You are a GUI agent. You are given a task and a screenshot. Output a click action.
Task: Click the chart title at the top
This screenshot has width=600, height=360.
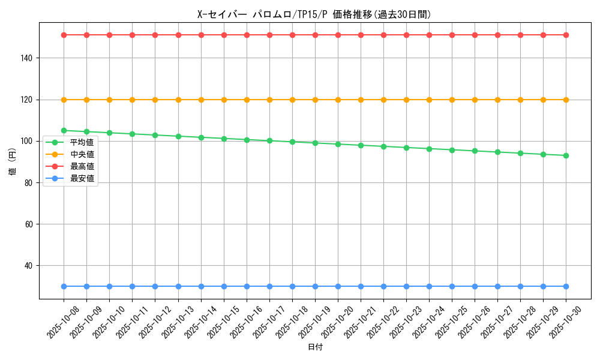(x=314, y=14)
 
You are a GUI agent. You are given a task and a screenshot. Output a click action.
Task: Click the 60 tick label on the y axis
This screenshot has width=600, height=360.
(x=30, y=224)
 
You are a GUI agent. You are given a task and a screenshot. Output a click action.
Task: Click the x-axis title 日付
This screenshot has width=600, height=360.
(x=315, y=347)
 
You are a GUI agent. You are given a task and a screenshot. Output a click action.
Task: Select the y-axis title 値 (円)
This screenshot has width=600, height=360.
(x=13, y=162)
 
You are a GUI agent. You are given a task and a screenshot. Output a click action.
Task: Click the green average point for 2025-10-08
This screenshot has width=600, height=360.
(x=64, y=130)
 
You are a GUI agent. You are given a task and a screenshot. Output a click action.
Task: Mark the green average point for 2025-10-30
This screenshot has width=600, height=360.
(x=566, y=155)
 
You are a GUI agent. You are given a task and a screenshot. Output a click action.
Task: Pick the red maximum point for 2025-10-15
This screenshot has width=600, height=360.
(x=224, y=35)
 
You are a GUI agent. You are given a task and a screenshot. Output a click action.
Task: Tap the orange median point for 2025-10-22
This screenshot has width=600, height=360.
(x=383, y=100)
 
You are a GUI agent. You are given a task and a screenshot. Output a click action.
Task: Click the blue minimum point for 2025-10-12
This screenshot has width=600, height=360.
(x=155, y=286)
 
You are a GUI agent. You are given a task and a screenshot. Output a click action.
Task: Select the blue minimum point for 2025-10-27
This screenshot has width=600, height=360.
(x=497, y=286)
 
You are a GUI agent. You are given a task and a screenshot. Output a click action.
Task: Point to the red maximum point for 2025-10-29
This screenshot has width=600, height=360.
(x=543, y=35)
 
